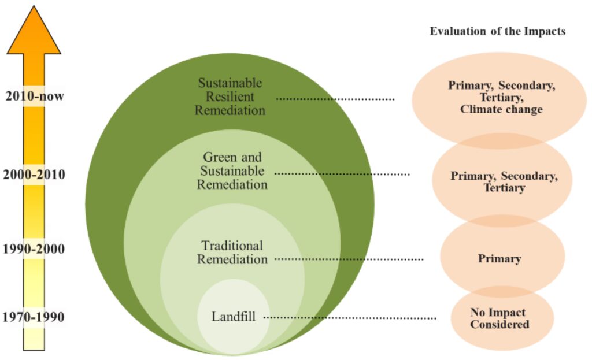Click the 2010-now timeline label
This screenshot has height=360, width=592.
pyautogui.click(x=34, y=97)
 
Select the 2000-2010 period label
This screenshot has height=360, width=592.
pyautogui.click(x=34, y=175)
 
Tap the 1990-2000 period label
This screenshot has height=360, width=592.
pyautogui.click(x=34, y=250)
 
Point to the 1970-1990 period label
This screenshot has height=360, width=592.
pyautogui.click(x=34, y=317)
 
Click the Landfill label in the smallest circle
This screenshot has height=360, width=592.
pyautogui.click(x=233, y=317)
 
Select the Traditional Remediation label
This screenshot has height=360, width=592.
pyautogui.click(x=232, y=252)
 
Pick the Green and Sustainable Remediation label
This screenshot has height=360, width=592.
pyautogui.click(x=232, y=170)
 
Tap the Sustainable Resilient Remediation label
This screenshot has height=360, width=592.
pyautogui.click(x=230, y=96)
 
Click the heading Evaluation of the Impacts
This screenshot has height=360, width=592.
pyautogui.click(x=497, y=31)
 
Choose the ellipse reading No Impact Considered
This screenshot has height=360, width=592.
pyautogui.click(x=499, y=318)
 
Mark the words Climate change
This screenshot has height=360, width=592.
pyautogui.click(x=501, y=109)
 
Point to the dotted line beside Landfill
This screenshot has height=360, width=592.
pyautogui.click(x=350, y=318)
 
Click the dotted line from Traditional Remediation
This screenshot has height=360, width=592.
pyautogui.click(x=349, y=259)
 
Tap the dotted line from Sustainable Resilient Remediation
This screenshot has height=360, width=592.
pyautogui.click(x=335, y=99)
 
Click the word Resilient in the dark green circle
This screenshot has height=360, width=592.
pyautogui.click(x=230, y=96)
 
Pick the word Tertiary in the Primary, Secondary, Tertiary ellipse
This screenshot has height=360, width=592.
pyautogui.click(x=504, y=188)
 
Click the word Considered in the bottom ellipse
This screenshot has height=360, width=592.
pyautogui.click(x=499, y=324)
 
